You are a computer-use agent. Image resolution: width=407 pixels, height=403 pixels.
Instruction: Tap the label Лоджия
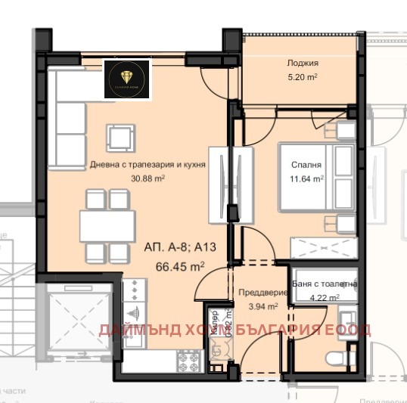[x=302, y=64]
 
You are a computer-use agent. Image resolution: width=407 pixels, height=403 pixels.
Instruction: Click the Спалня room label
[x=307, y=164]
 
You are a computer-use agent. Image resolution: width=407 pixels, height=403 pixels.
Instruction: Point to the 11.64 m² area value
[x=307, y=179]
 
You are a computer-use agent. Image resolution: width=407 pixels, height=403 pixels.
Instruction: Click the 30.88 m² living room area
[x=148, y=178]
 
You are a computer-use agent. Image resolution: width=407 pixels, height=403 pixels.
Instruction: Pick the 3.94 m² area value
[x=263, y=306]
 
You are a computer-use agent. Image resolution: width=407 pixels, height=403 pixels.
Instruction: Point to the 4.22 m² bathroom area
[x=323, y=297]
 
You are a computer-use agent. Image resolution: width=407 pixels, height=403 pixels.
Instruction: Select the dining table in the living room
[x=108, y=225]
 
